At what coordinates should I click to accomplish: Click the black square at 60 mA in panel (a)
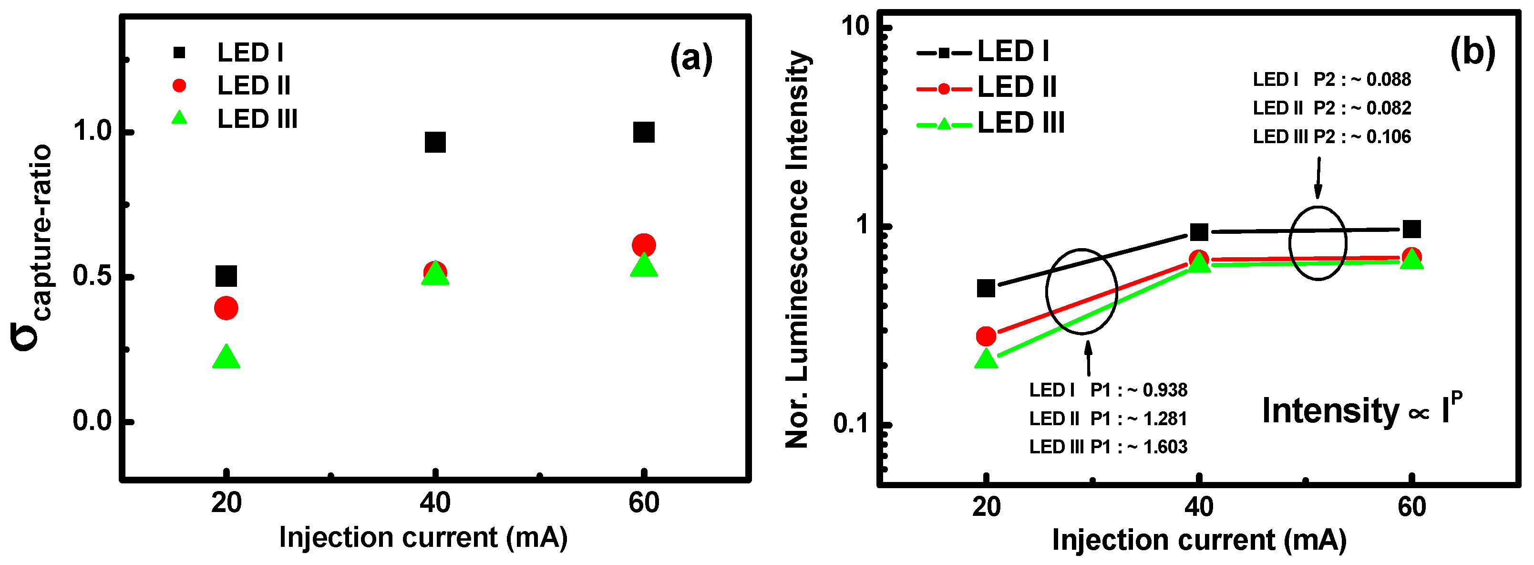point(643,132)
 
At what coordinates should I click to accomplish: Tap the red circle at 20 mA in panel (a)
point(226,308)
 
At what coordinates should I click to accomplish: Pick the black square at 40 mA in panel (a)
point(435,142)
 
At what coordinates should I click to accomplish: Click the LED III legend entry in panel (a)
point(256,119)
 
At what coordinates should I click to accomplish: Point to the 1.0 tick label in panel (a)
point(93,131)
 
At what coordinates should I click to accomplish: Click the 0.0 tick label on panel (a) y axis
point(93,421)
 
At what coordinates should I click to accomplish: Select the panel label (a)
point(691,58)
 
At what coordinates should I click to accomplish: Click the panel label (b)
point(1472,52)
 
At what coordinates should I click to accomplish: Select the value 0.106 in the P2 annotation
point(1388,137)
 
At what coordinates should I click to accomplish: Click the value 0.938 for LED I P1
point(1164,390)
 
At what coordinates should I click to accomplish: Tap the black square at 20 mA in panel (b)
point(986,288)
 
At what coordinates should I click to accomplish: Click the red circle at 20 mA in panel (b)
point(986,336)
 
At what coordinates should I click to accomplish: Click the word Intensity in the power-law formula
point(1330,411)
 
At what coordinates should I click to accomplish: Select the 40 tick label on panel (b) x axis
point(1198,507)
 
